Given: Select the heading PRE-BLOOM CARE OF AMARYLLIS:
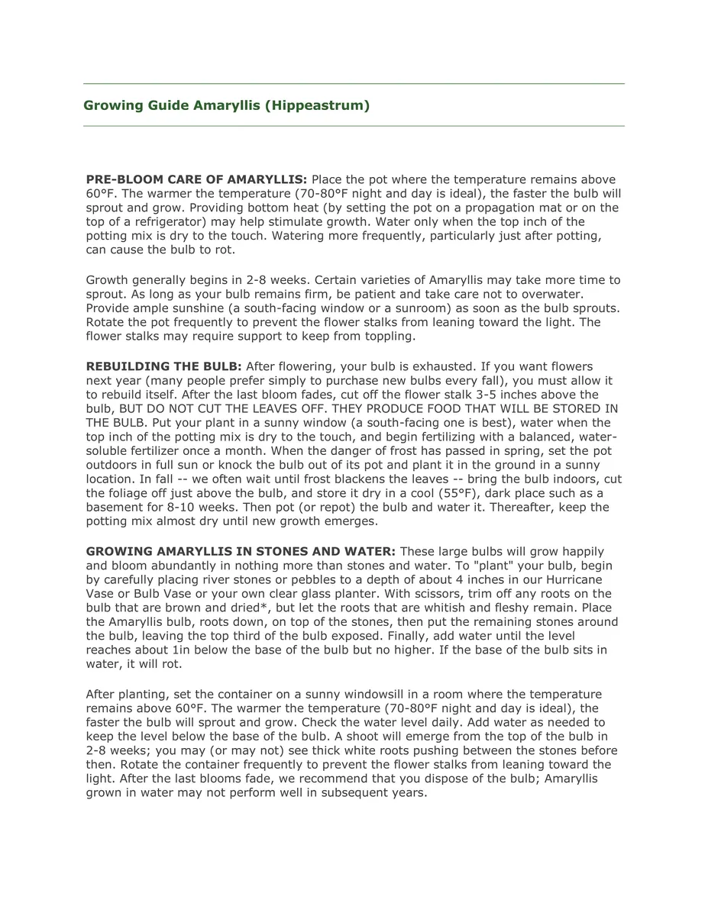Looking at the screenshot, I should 196,179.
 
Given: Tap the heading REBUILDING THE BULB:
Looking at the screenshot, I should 163,366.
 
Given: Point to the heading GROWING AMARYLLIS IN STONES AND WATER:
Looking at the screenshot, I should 241,551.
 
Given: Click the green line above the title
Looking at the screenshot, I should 354,83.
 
